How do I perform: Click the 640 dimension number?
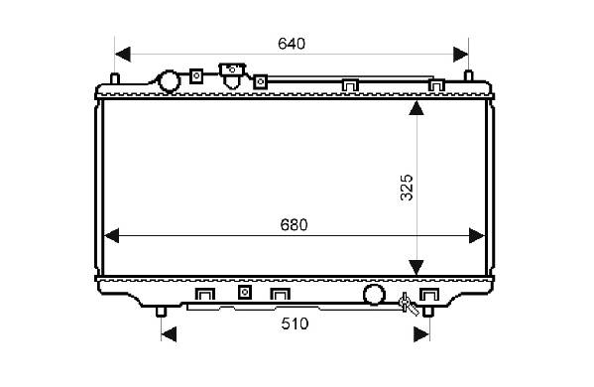(x=292, y=44)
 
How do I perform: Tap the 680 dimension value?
(x=294, y=225)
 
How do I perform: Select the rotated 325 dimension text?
(x=407, y=188)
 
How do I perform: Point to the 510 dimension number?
(x=295, y=323)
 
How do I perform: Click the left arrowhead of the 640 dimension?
(x=123, y=55)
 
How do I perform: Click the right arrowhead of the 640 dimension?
(x=461, y=55)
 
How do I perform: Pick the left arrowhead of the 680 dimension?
(x=111, y=236)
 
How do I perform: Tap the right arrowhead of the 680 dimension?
(x=477, y=236)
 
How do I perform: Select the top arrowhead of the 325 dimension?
(x=416, y=108)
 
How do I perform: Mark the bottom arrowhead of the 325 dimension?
(x=416, y=268)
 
